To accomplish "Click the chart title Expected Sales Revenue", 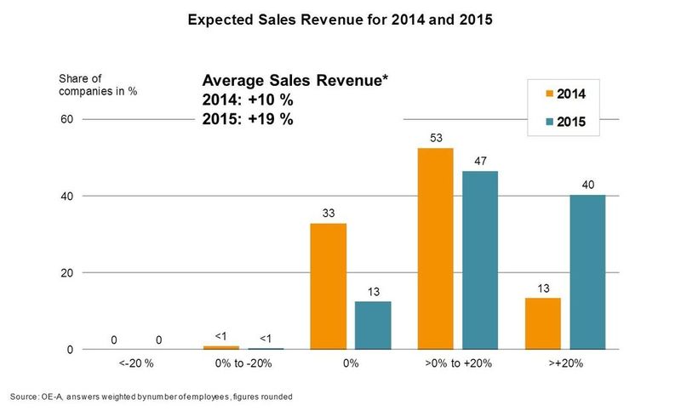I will click(340, 18).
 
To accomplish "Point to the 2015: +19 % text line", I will click(249, 119).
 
